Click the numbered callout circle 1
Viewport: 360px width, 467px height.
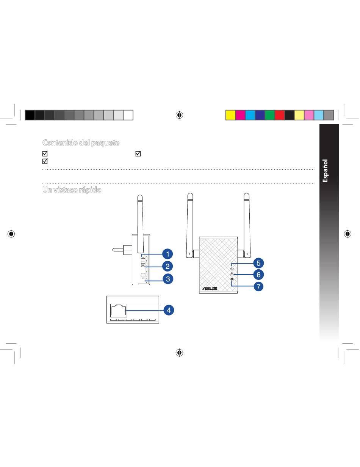pos(167,254)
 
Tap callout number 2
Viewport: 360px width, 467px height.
pos(167,267)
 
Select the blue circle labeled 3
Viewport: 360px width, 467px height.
pos(168,279)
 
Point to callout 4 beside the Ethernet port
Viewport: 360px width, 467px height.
pos(169,310)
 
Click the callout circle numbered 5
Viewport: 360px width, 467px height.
pos(258,263)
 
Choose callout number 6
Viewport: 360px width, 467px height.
pos(258,275)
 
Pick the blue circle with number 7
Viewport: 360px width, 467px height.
pos(258,286)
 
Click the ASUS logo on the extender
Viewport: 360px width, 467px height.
pos(210,288)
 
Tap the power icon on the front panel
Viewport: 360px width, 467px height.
pos(232,269)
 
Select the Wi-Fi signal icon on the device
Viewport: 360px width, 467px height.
pos(232,280)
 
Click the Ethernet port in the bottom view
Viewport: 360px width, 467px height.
pos(119,311)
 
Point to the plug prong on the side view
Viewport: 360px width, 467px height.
pos(118,250)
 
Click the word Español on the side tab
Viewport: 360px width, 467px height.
pos(325,171)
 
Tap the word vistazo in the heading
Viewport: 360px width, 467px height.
pos(65,190)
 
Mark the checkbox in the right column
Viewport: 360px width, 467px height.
pos(138,154)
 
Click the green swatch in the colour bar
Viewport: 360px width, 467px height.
pos(270,115)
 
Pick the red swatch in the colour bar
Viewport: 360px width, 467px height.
pos(280,115)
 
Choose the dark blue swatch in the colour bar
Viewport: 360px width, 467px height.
pos(260,115)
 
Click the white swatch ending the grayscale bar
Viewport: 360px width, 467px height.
pos(128,115)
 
